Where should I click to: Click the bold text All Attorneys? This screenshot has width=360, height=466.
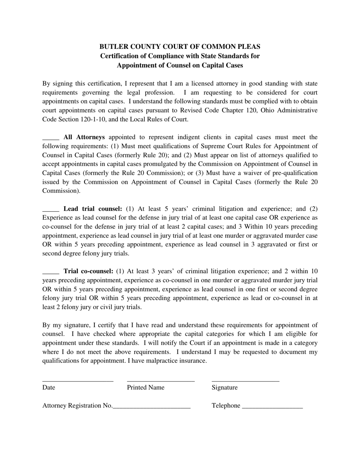(84, 137)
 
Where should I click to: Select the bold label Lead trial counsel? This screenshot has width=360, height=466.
(93, 209)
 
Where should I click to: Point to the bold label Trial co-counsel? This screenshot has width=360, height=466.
(88, 271)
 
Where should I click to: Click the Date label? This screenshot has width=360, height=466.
(49, 388)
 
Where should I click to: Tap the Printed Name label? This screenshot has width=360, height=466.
(146, 388)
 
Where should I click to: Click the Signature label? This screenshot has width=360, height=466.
(225, 388)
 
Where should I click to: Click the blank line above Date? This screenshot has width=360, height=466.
(78, 380)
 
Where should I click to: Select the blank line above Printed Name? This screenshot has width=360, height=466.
(161, 380)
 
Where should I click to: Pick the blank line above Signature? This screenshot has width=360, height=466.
(245, 380)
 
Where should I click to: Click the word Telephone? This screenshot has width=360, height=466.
(226, 406)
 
